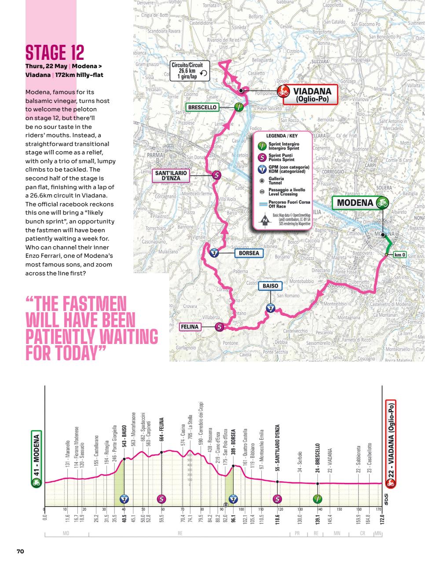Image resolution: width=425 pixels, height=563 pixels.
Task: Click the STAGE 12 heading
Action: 55,52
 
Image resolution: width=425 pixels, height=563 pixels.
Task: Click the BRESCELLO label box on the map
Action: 202,107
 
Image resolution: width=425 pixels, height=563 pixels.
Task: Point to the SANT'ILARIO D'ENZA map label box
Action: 171,175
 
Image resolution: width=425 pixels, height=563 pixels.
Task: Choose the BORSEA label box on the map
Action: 249,253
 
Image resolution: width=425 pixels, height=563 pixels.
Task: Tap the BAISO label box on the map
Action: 270,286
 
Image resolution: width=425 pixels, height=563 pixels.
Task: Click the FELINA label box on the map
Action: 190,327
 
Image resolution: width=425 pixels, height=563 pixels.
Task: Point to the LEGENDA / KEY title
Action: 282,136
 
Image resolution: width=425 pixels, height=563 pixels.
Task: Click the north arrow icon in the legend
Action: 265,221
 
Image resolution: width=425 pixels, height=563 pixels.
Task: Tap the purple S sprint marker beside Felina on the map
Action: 219,327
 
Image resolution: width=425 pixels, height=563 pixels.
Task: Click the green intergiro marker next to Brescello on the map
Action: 238,107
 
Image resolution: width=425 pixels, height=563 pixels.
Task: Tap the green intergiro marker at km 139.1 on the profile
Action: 317,499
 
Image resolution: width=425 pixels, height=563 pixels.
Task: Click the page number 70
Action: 20,551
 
